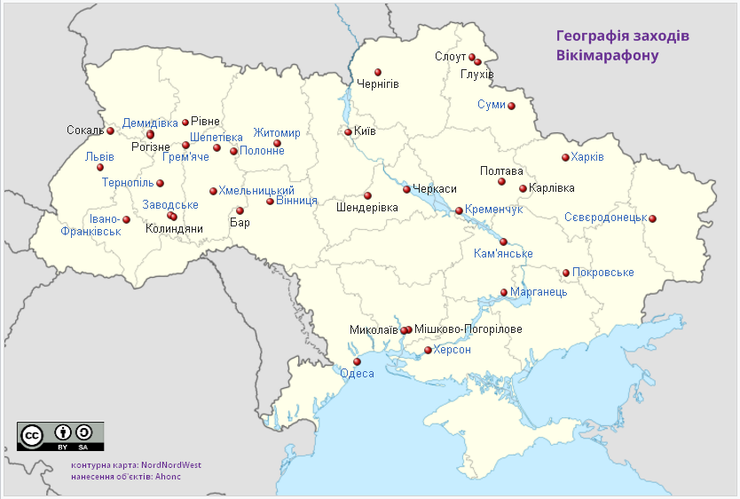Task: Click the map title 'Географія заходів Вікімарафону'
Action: (622, 47)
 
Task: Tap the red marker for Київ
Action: (349, 131)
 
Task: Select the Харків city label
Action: (588, 157)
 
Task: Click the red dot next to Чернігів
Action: (378, 72)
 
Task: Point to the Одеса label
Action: (358, 374)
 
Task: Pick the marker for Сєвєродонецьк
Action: (652, 218)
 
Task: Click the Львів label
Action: (99, 157)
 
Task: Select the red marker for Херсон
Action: (428, 351)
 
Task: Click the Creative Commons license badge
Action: (60, 437)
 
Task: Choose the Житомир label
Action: (277, 133)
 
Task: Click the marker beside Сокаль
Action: (110, 131)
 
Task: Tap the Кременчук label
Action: (494, 210)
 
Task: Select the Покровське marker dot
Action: (566, 273)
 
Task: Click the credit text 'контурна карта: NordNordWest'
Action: (136, 464)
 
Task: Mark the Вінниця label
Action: (296, 202)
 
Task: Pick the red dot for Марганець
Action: (504, 292)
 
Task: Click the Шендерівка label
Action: (367, 208)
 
